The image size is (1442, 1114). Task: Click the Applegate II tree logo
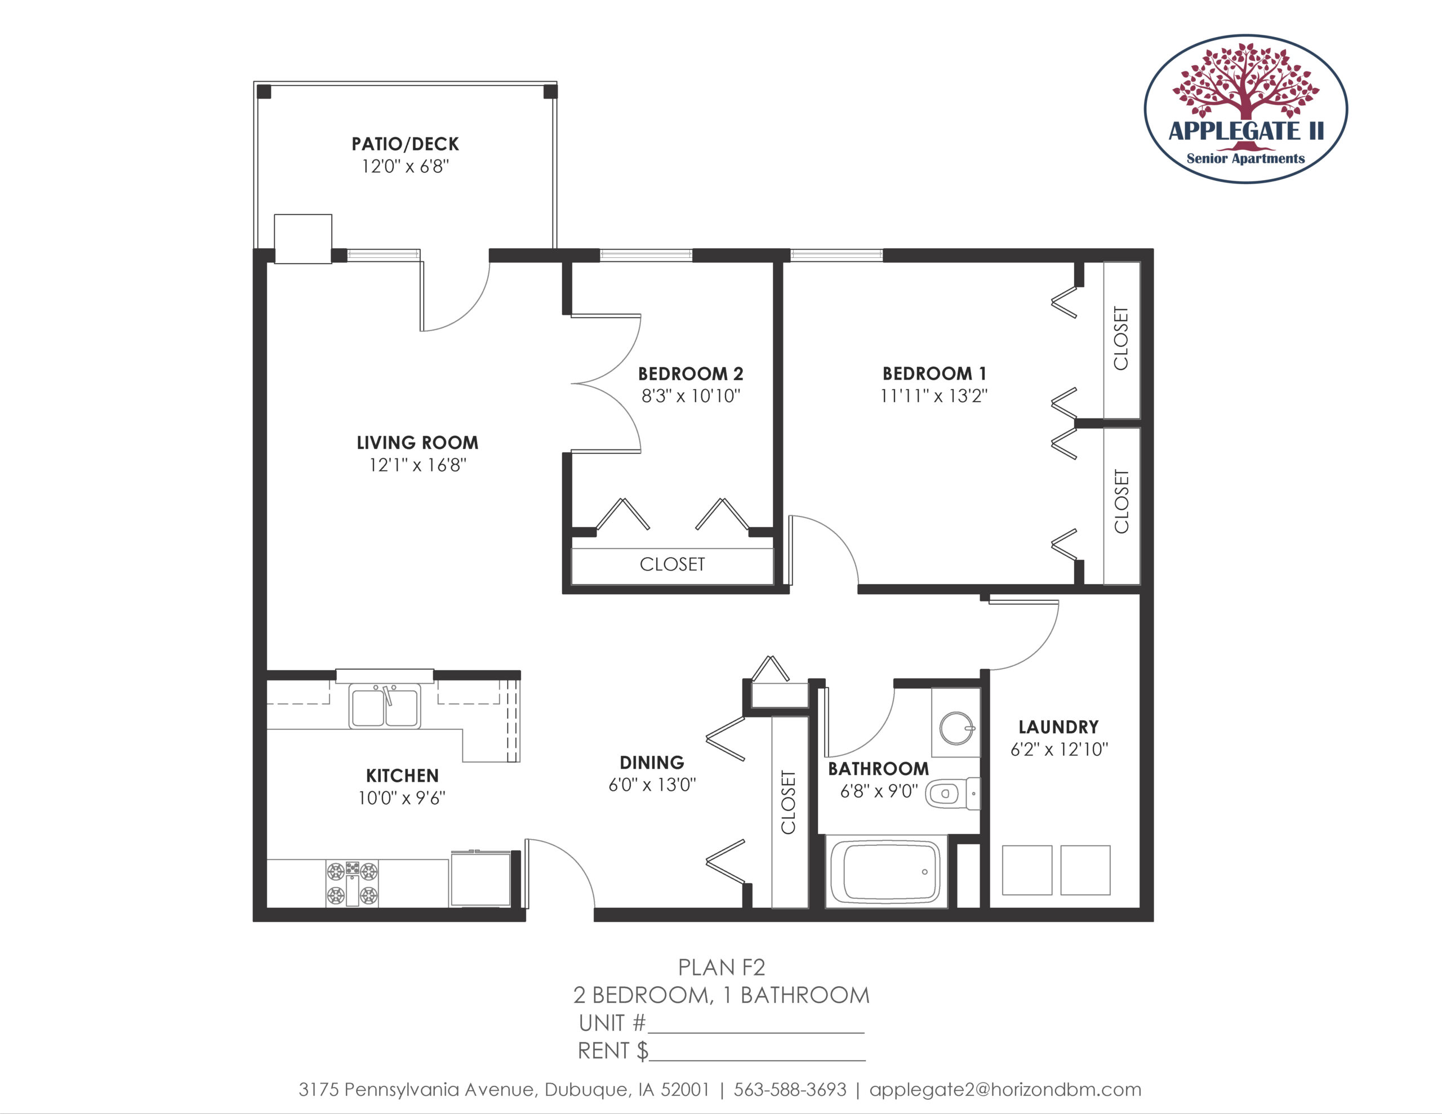(x=1245, y=109)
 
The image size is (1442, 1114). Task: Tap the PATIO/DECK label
(x=406, y=144)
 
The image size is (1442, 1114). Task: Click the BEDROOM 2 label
(x=691, y=374)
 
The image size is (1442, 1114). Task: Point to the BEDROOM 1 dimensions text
(x=934, y=395)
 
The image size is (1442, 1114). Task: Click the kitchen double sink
(x=385, y=706)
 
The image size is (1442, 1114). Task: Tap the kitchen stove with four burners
(x=353, y=884)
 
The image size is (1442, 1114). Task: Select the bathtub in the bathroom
(x=885, y=872)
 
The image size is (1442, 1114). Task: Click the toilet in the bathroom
(x=953, y=793)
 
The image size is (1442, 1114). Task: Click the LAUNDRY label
(x=1058, y=727)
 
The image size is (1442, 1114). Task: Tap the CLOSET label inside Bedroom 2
(x=672, y=564)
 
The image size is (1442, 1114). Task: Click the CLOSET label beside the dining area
(x=789, y=803)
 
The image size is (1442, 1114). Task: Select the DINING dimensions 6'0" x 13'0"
(x=652, y=785)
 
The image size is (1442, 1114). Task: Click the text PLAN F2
(x=722, y=968)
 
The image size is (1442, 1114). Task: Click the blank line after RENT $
(x=757, y=1060)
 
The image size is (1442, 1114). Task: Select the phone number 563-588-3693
(x=790, y=1090)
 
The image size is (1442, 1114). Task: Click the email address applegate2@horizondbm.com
(x=1005, y=1090)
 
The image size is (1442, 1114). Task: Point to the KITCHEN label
(x=402, y=776)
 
